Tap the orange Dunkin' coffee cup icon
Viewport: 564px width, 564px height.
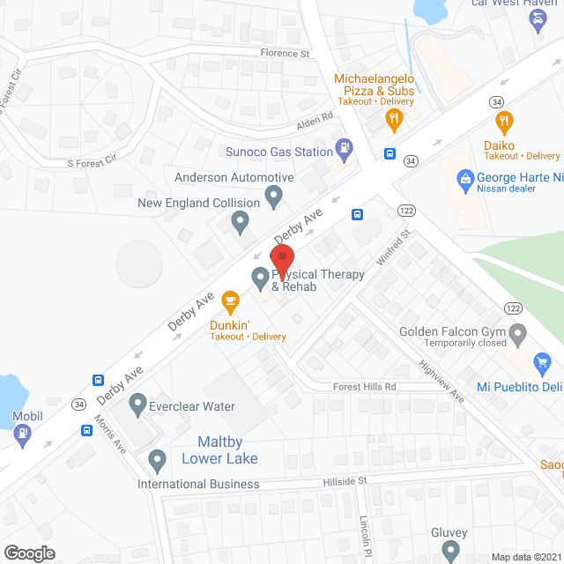pyautogui.click(x=231, y=302)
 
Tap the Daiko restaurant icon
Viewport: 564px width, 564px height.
pyautogui.click(x=504, y=122)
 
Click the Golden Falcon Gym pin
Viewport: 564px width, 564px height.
pyautogui.click(x=518, y=333)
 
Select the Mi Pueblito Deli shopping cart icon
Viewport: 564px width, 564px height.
pyautogui.click(x=543, y=361)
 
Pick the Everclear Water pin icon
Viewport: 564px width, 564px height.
pyautogui.click(x=137, y=405)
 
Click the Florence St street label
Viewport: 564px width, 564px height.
pyautogui.click(x=286, y=54)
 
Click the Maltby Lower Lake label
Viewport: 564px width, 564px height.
pyautogui.click(x=219, y=450)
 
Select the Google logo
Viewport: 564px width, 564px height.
pyautogui.click(x=29, y=553)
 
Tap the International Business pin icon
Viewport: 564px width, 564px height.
pyautogui.click(x=158, y=460)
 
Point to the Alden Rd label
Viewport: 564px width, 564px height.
pyautogui.click(x=315, y=116)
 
